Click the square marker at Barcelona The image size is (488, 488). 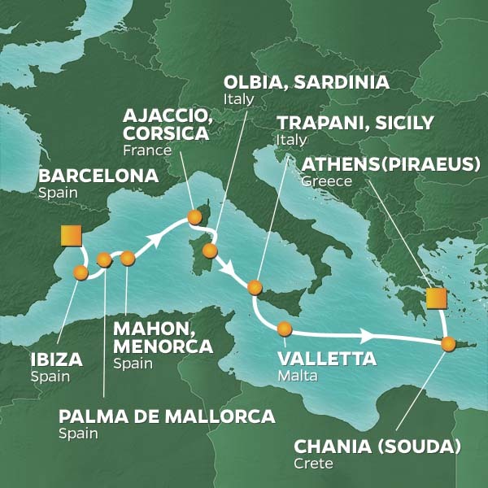[x=70, y=237]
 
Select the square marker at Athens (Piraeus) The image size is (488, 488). [x=436, y=298]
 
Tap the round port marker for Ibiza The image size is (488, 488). [x=81, y=273]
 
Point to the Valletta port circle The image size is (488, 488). [x=284, y=329]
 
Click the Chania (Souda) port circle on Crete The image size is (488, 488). [x=448, y=344]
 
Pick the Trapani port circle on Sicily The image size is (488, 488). [x=255, y=286]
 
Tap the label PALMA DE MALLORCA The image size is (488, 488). [x=167, y=416]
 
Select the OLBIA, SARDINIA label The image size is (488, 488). [x=305, y=82]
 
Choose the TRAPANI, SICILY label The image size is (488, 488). [x=355, y=123]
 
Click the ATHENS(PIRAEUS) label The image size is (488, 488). [x=390, y=165]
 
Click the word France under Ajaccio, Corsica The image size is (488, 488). [x=146, y=150]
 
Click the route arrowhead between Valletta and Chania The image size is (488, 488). [x=368, y=335]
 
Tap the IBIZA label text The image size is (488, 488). [x=54, y=359]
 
